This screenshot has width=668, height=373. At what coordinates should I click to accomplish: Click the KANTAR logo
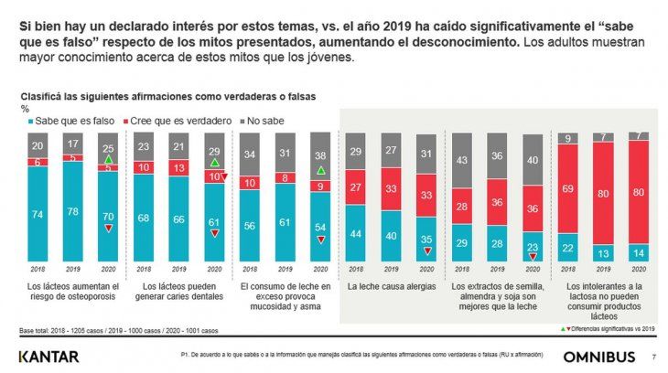48,355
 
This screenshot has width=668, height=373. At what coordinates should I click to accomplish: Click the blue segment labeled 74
36,213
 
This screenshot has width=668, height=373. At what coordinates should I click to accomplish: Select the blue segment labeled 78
71,210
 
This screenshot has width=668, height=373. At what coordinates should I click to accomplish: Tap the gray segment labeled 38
321,155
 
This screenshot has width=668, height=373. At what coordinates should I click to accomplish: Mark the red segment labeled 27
355,187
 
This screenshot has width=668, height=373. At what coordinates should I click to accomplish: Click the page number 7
652,356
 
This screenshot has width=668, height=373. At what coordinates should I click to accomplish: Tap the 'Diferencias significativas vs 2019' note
606,327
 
